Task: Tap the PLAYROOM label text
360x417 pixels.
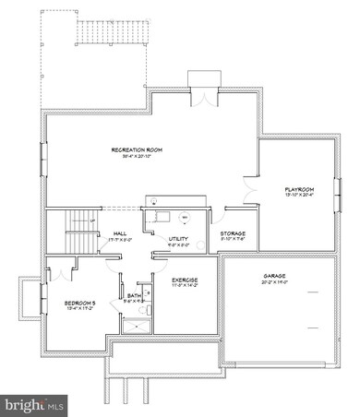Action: (x=300, y=188)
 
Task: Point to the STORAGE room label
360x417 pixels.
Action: (x=233, y=233)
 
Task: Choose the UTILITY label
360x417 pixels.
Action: (x=179, y=238)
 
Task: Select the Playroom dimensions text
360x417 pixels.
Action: (x=300, y=195)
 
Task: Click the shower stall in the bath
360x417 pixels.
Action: (x=143, y=319)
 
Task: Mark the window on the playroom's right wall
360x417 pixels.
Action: (x=338, y=189)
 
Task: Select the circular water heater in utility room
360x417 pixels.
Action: (x=185, y=218)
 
